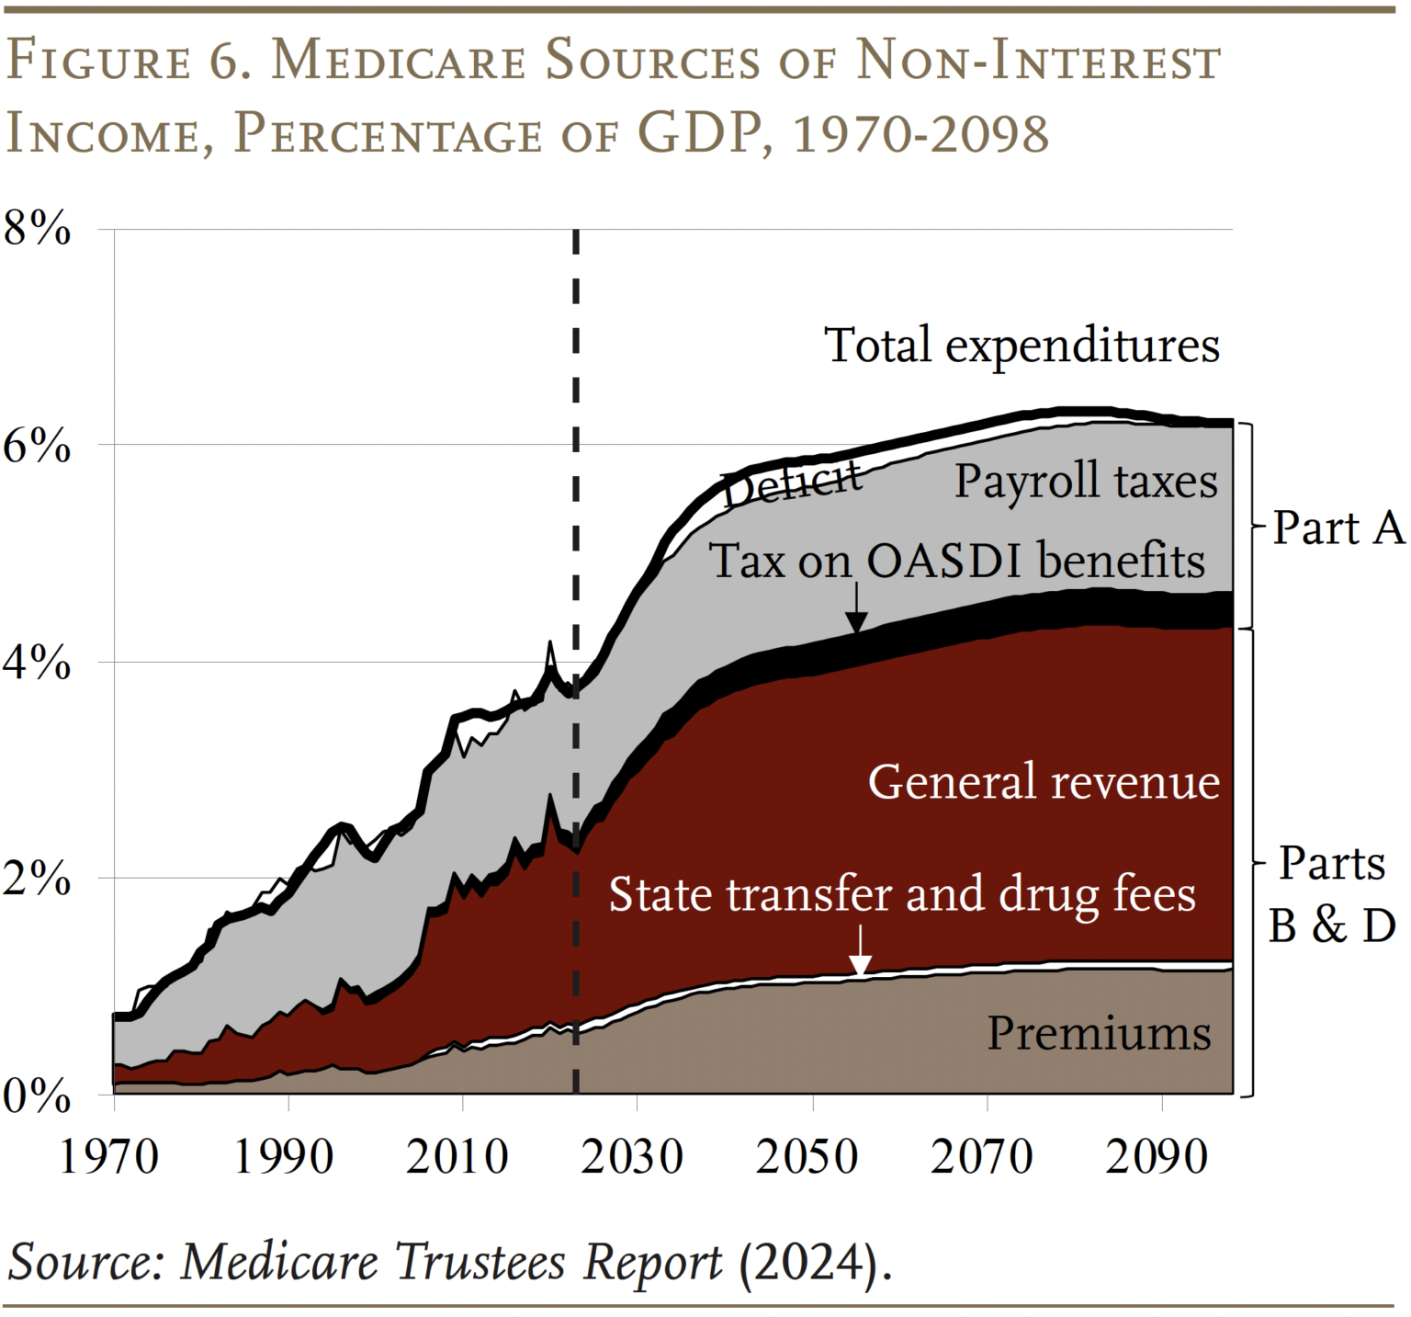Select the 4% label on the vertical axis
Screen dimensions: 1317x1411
(38, 662)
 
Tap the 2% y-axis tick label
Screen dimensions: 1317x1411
(38, 879)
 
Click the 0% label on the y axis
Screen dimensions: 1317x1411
(38, 1096)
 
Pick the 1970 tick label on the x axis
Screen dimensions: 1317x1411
(108, 1155)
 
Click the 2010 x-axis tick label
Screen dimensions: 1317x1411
(457, 1155)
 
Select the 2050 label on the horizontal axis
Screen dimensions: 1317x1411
(807, 1155)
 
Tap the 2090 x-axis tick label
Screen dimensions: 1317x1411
(1156, 1155)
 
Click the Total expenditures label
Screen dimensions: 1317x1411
(1022, 346)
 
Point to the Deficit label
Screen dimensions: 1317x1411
(792, 482)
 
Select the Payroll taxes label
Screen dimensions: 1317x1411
(1086, 481)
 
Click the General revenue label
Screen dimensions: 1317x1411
(1044, 782)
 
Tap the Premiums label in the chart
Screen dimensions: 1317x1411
(1099, 1033)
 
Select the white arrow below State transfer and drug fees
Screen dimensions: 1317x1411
(860, 952)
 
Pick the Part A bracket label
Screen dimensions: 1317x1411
(1338, 528)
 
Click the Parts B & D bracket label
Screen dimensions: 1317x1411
(1332, 894)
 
